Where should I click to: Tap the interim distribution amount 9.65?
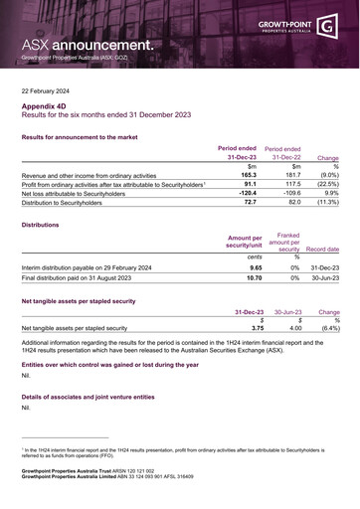pyautogui.click(x=256, y=267)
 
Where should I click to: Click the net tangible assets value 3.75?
pyautogui.click(x=258, y=327)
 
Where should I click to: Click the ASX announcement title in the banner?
pyautogui.click(x=89, y=45)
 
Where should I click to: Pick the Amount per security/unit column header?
pyautogui.click(x=245, y=244)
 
